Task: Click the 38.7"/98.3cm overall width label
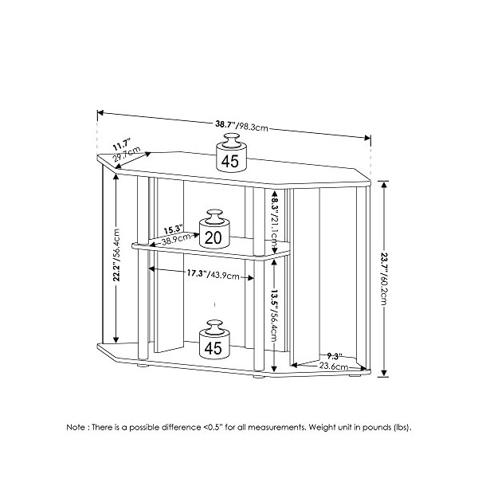coord(242,126)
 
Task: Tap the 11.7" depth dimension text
coord(122,144)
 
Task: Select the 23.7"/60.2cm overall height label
coord(384,279)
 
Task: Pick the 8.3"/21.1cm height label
coord(274,221)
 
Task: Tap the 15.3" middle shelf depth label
coord(173,229)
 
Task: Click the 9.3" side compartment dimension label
coord(334,356)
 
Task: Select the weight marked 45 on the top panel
coord(231,153)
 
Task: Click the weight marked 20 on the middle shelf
coord(214,229)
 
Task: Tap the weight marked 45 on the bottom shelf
coord(214,339)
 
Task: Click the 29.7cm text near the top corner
coord(127,155)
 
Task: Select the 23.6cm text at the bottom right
coord(334,366)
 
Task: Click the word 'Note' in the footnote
coord(76,427)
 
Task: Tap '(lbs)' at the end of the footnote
coord(402,427)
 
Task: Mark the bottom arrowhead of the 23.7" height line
coord(384,373)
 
